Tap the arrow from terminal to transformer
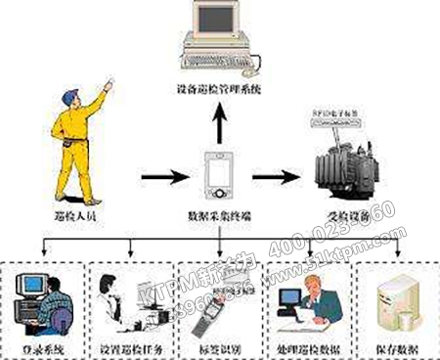click(x=276, y=179)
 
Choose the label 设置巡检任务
click(x=130, y=343)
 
